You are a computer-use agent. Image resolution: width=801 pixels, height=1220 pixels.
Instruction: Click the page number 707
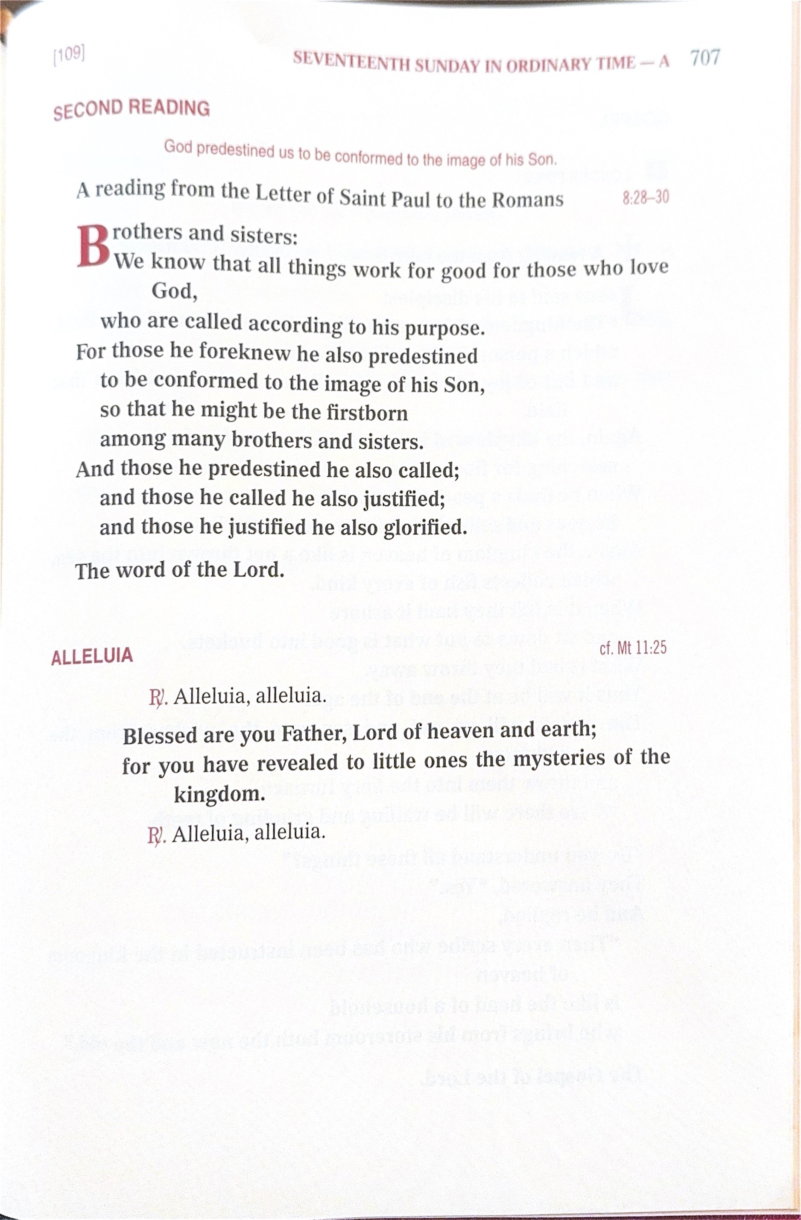[705, 58]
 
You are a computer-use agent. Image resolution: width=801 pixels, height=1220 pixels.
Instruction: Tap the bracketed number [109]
[69, 54]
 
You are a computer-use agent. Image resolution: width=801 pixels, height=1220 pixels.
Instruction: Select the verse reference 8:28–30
[645, 197]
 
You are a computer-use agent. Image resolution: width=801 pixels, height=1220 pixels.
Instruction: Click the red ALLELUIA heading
[92, 657]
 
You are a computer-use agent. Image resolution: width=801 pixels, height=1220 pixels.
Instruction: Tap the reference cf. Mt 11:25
[633, 648]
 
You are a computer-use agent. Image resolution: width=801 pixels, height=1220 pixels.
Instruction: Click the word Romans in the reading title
[527, 199]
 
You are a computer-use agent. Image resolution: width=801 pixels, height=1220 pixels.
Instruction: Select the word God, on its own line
[174, 292]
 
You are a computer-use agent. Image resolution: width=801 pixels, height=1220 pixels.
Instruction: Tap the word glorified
[425, 528]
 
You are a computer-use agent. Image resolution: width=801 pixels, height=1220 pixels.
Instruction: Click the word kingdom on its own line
[219, 795]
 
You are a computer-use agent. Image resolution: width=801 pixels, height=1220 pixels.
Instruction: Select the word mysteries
[559, 759]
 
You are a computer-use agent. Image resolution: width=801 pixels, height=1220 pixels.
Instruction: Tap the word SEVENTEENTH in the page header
[351, 62]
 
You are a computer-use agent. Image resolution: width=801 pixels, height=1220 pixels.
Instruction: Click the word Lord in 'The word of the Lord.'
[258, 570]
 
